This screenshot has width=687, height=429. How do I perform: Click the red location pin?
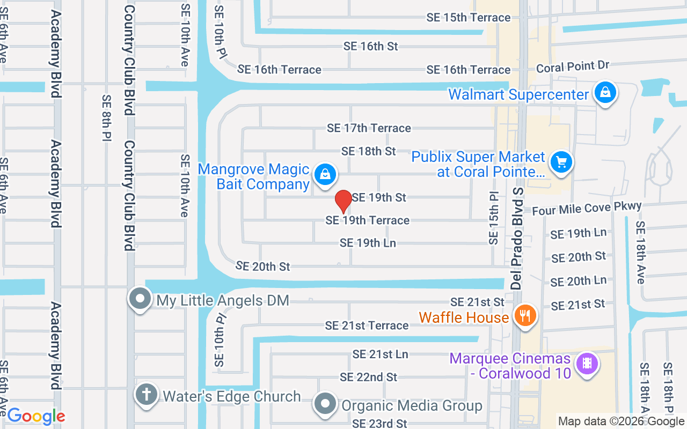coord(343,201)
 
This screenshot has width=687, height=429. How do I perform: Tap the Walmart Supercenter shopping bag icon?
coord(605,93)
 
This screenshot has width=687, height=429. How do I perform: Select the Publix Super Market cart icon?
coord(561,162)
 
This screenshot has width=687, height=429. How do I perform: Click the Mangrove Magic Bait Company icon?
coord(325,174)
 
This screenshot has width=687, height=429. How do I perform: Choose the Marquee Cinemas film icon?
coord(587,363)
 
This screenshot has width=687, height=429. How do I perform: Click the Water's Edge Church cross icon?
coord(145,395)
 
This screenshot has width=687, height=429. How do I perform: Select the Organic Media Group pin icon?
coord(325,403)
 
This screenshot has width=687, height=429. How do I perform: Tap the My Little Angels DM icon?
coord(141,298)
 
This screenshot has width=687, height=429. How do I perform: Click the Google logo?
coord(36,416)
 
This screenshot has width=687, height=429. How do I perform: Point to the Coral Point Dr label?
coord(573,67)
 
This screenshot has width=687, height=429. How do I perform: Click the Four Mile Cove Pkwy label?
coord(587,208)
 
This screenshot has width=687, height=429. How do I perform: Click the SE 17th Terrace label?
coord(369,128)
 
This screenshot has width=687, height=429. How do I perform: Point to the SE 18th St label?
coord(369,151)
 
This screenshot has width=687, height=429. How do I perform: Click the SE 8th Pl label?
coord(106,119)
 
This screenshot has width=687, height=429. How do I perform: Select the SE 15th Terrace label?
coord(469,18)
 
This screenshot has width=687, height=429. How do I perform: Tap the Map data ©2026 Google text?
coord(621,421)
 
